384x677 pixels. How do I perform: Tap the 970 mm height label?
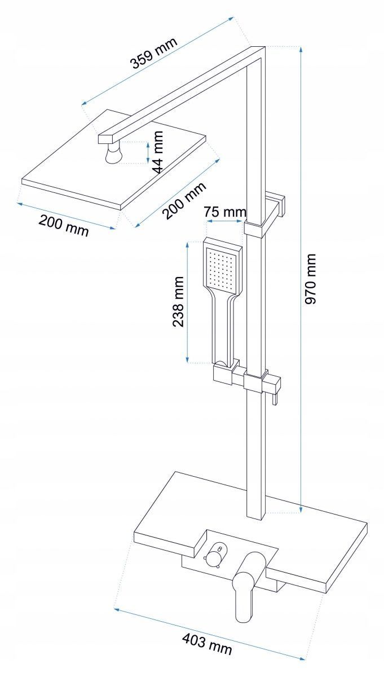[311, 279]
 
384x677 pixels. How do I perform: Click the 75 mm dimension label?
[225, 213]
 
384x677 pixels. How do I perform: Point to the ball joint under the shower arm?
[116, 153]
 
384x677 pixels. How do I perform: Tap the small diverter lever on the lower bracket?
[274, 398]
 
